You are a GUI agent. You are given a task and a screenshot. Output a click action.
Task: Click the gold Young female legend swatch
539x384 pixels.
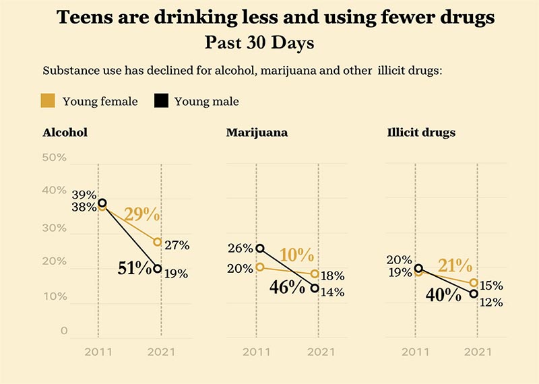pyautogui.click(x=49, y=101)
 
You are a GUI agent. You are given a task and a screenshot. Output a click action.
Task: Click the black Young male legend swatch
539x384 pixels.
pyautogui.click(x=160, y=101)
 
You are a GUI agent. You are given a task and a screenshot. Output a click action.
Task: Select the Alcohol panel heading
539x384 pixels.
pyautogui.click(x=65, y=133)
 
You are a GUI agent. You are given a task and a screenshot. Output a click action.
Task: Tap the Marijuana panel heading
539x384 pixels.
pyautogui.click(x=257, y=133)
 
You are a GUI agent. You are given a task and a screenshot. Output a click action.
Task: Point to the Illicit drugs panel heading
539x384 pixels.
pyautogui.click(x=422, y=133)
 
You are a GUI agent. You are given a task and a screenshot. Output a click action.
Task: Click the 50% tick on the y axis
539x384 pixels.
pyautogui.click(x=55, y=158)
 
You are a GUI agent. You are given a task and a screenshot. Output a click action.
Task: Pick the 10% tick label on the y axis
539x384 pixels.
pyautogui.click(x=55, y=296)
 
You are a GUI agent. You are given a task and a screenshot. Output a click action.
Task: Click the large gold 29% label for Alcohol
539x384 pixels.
pyautogui.click(x=141, y=216)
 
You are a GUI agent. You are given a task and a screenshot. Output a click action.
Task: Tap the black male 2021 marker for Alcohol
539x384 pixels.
pyautogui.click(x=157, y=269)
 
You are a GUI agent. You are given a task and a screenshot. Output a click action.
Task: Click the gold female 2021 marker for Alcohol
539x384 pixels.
pyautogui.click(x=157, y=242)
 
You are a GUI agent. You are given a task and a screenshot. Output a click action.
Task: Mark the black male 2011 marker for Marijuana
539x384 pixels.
pyautogui.click(x=260, y=249)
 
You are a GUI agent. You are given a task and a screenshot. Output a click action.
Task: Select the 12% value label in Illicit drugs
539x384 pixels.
pyautogui.click(x=491, y=302)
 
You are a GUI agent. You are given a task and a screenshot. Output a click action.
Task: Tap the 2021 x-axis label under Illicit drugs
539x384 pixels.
pyautogui.click(x=478, y=352)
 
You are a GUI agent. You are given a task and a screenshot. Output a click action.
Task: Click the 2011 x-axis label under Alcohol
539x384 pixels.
pyautogui.click(x=98, y=352)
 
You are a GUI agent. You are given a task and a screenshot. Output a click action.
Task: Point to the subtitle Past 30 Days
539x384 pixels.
pyautogui.click(x=259, y=43)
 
